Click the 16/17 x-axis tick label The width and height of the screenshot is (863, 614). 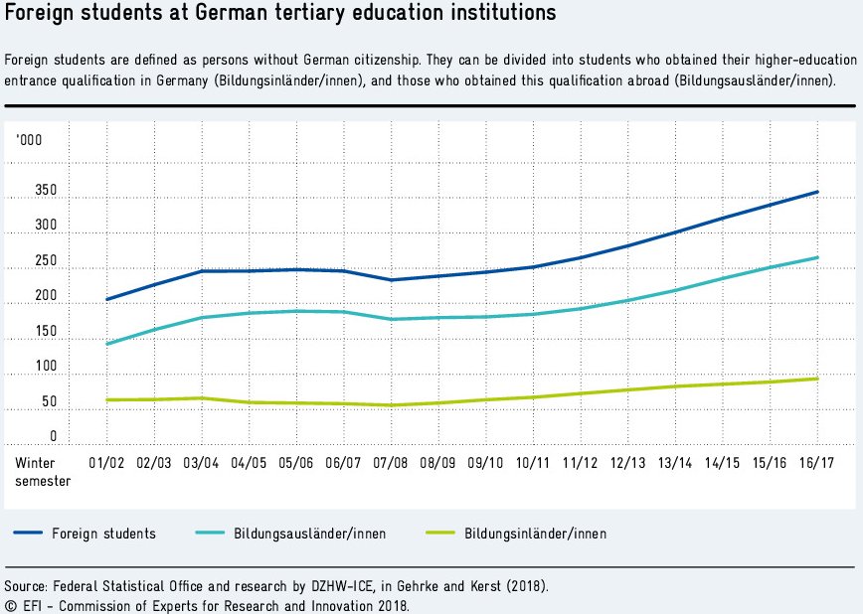tap(817, 463)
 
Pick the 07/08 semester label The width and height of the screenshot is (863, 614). tap(390, 463)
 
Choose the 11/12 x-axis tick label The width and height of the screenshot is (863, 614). tap(580, 463)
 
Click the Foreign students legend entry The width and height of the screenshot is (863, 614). tap(103, 534)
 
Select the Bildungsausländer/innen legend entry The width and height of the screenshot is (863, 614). tap(310, 534)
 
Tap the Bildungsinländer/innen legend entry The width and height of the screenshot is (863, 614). tap(535, 534)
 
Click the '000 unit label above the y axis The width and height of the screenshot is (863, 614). tap(29, 139)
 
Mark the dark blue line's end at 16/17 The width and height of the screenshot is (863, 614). tap(817, 192)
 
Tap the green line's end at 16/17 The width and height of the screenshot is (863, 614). tap(817, 379)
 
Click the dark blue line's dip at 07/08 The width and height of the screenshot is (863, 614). tap(390, 280)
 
